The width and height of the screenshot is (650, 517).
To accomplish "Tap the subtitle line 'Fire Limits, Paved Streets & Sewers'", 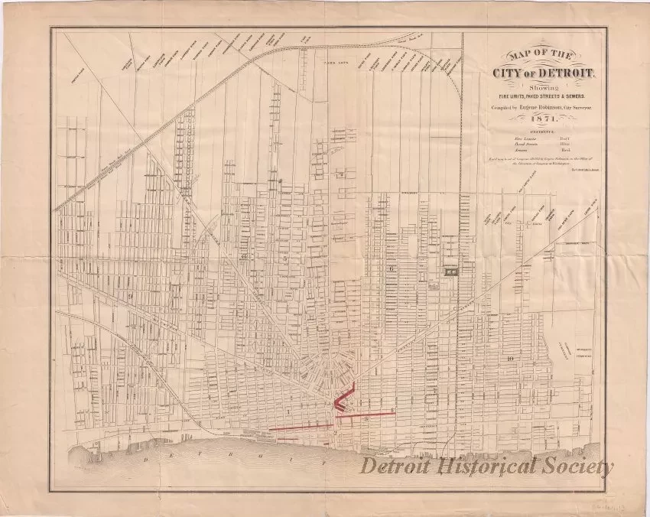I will click(x=540, y=96).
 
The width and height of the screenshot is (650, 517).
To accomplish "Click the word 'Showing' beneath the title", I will click(x=540, y=86).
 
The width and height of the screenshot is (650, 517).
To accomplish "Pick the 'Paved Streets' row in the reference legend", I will click(x=540, y=143).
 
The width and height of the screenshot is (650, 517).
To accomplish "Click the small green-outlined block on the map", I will click(x=452, y=270).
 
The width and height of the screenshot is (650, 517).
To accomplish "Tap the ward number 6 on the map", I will click(x=391, y=268).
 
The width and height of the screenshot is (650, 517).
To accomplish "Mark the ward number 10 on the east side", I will click(x=509, y=359).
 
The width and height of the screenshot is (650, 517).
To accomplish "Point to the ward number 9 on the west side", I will click(x=131, y=295).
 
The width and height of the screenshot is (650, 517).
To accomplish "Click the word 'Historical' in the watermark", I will click(x=496, y=467).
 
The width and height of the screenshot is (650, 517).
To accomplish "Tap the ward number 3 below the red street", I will click(x=368, y=418).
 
